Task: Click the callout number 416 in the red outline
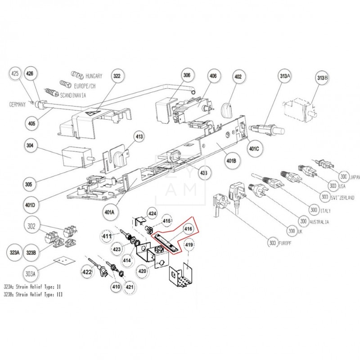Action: [x=188, y=229]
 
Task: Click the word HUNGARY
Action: [x=94, y=76]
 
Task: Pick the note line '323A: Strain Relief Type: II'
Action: [x=38, y=286]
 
